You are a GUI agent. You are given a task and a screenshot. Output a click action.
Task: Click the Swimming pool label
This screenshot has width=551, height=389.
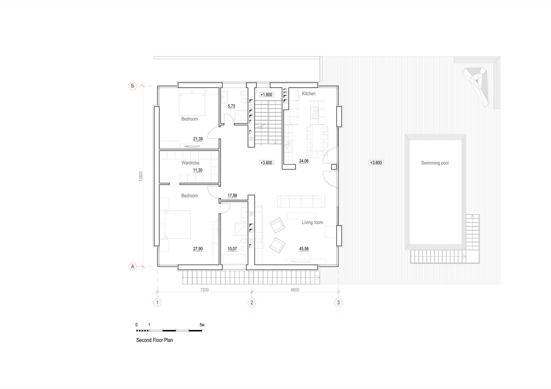click(x=434, y=163)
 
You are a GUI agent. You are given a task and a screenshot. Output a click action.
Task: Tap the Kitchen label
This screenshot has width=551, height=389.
click(x=309, y=94)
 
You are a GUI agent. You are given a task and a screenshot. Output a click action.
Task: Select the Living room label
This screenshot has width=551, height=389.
click(x=313, y=223)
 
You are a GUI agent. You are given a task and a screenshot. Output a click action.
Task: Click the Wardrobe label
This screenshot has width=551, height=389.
click(x=191, y=163)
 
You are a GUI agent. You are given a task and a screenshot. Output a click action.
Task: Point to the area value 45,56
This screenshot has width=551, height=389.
click(x=304, y=249)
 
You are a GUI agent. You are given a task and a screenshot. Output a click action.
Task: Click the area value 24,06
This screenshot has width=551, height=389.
click(x=304, y=161)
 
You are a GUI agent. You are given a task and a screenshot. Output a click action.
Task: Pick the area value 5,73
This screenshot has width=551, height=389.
click(x=231, y=106)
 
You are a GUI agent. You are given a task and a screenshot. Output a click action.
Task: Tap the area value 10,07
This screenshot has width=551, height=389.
click(x=232, y=249)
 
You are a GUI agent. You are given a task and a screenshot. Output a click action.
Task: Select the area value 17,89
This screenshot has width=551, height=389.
click(x=232, y=196)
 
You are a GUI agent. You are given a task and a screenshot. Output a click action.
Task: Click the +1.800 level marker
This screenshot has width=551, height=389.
click(x=267, y=95)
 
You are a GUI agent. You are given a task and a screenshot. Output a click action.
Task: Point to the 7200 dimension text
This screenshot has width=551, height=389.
click(x=205, y=290)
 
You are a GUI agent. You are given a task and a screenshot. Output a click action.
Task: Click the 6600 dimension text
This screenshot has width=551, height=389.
click(x=295, y=290)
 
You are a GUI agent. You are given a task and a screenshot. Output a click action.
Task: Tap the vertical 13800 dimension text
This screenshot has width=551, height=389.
click(x=141, y=176)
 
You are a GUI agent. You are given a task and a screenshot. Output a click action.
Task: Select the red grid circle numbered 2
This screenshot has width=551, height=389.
click(x=252, y=302)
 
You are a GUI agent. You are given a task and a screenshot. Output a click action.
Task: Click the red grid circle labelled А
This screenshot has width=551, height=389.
click(x=132, y=266)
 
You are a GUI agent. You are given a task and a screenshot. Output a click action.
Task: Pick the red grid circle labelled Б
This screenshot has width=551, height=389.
click(x=132, y=86)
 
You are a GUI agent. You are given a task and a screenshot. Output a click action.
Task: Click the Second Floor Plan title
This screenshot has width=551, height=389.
click(x=154, y=340)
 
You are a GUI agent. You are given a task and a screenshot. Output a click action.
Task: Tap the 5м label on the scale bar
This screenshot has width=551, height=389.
click(x=202, y=325)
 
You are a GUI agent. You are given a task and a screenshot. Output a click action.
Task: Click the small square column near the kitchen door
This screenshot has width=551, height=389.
click(x=334, y=167)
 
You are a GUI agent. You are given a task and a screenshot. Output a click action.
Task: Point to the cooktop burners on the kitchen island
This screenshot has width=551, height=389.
click(x=314, y=113)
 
